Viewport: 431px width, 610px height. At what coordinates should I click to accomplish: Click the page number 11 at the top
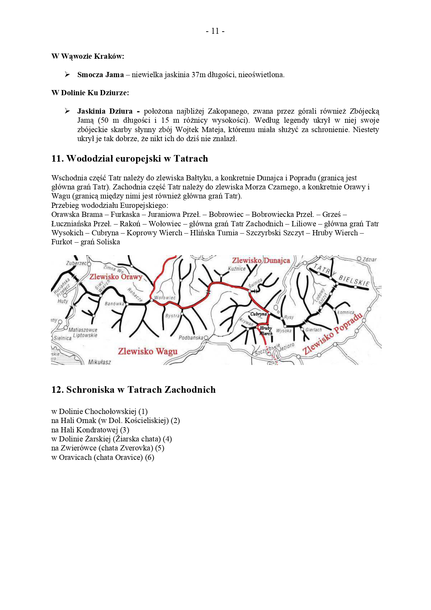coord(215,31)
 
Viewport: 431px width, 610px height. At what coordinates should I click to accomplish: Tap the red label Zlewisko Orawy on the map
coord(116,277)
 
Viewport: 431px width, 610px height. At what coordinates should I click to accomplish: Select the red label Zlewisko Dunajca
coord(261,260)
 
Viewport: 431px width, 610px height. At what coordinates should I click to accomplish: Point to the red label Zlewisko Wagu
coord(147,351)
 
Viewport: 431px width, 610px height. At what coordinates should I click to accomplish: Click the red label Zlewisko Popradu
coord(333,334)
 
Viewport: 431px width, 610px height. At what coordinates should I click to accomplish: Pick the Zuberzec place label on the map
coord(76,263)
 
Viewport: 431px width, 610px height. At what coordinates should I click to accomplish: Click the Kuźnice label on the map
coord(237,269)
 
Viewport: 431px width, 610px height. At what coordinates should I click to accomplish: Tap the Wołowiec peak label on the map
coord(165,298)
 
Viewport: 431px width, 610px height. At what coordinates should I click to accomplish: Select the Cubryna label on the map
coord(259,314)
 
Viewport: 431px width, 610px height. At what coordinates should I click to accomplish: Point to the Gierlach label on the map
coord(314,330)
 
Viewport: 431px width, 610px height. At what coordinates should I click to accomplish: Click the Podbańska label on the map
coord(191,338)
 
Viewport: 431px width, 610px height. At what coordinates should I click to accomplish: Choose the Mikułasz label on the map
coord(100,362)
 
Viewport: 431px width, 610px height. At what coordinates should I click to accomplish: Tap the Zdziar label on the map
coord(369,259)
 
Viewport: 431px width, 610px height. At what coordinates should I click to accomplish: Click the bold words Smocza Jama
coord(100,75)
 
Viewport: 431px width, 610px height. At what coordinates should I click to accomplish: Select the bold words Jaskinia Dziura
coord(105,111)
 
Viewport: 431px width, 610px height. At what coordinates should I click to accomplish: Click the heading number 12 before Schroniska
coord(57,390)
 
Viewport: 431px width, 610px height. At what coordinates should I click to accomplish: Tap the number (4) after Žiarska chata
coord(167,439)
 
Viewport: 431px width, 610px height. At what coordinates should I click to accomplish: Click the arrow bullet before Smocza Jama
coord(67,75)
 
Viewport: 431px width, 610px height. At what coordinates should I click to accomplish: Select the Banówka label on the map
coord(114,304)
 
